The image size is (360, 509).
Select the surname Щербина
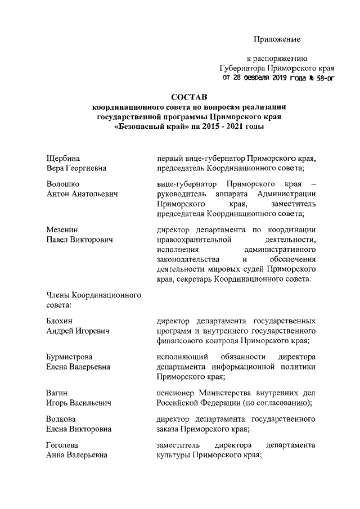click(63, 158)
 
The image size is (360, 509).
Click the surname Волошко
click(62, 184)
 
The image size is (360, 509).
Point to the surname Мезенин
click(62, 230)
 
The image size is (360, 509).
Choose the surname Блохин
click(60, 321)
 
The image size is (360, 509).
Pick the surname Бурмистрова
click(69, 357)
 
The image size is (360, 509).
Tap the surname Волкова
click(61, 419)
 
